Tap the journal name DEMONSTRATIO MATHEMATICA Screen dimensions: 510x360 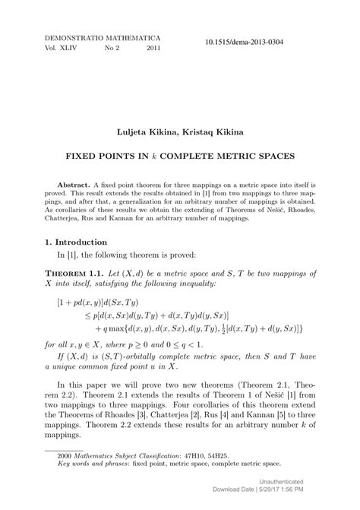pyautogui.click(x=96, y=36)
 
